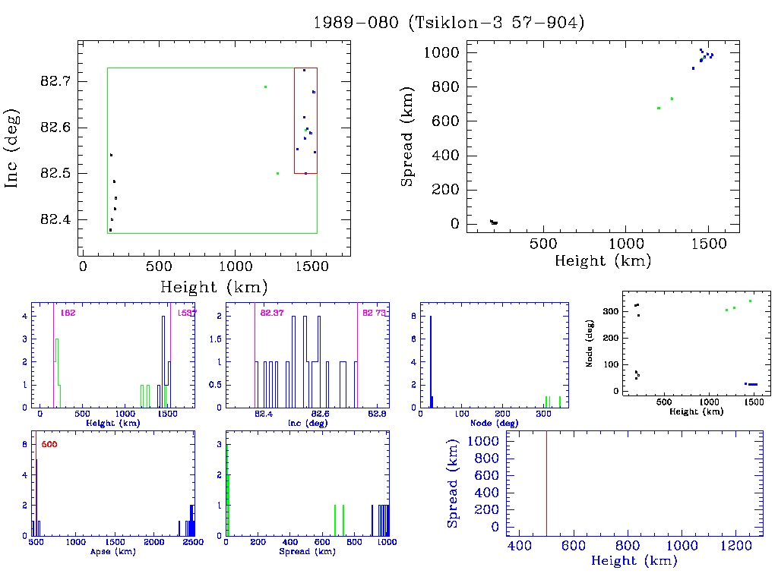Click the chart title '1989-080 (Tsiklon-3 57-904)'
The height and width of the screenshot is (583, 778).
pos(448,23)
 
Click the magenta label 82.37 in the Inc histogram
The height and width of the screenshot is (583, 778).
pos(272,313)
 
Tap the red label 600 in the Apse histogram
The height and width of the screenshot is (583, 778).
pos(49,443)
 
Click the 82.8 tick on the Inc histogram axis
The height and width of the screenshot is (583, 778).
pos(378,414)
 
